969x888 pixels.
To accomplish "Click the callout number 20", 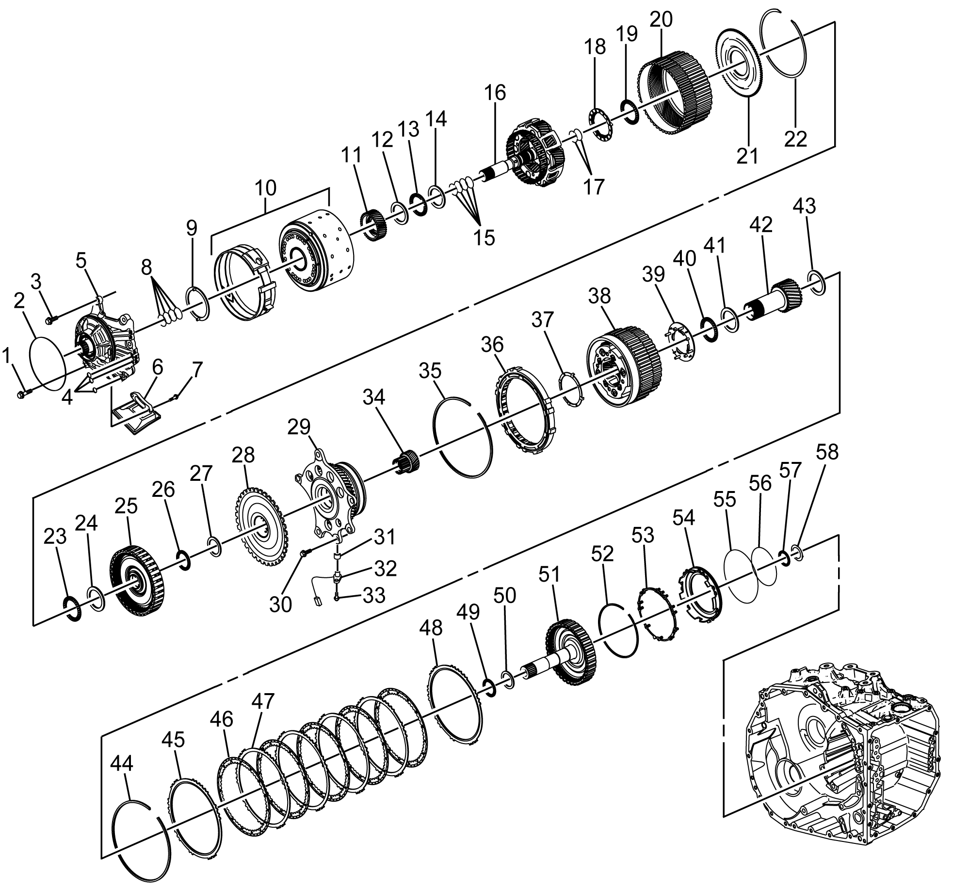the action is [x=661, y=20].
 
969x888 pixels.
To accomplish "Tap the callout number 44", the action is [x=122, y=764].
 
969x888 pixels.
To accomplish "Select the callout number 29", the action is [x=299, y=427].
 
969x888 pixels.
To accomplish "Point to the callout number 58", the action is [x=827, y=452].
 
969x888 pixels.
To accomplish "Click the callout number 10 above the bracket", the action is [x=265, y=188].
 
